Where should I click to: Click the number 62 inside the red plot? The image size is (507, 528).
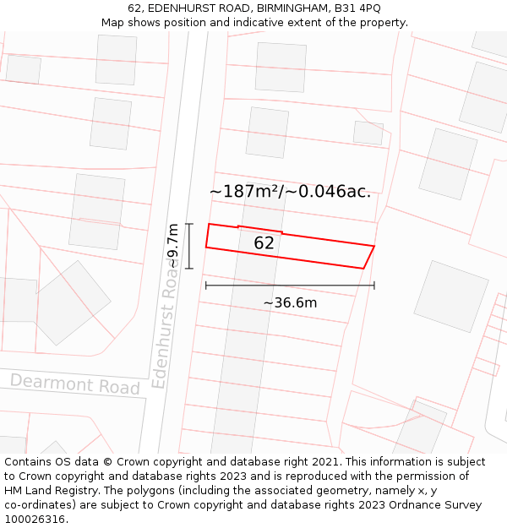click(264, 243)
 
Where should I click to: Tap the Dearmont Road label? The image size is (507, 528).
click(74, 384)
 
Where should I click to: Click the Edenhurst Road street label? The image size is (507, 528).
click(166, 329)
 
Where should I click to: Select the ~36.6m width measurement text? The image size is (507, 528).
click(290, 302)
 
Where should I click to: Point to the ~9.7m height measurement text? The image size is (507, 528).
click(172, 246)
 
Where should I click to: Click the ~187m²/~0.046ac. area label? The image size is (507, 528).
click(290, 192)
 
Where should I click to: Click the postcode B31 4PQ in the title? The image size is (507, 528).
click(357, 8)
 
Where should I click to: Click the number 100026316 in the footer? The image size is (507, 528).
click(35, 519)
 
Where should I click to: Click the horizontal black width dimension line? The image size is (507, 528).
click(290, 286)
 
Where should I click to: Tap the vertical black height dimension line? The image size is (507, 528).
click(189, 246)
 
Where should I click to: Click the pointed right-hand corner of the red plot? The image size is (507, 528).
click(373, 247)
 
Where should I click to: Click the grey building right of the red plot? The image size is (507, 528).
click(450, 296)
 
